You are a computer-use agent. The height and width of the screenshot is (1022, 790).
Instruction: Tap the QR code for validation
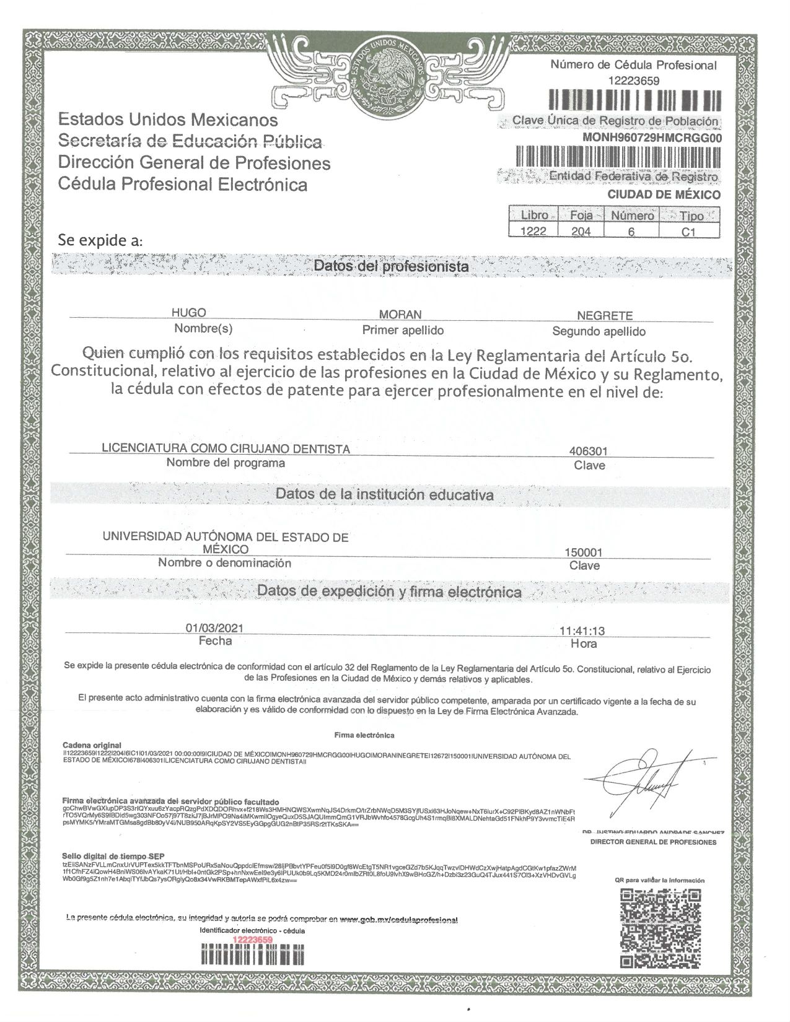point(661,927)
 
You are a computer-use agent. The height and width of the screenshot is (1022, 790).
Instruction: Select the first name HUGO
point(188,313)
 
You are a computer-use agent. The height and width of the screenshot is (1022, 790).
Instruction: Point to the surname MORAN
point(400,315)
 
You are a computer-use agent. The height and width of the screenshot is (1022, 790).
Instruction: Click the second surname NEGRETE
point(604,315)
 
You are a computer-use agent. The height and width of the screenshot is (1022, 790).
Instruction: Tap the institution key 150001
point(584,552)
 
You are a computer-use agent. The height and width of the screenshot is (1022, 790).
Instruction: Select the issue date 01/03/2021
point(214,628)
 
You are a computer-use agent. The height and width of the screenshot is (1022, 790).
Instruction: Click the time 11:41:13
point(582,631)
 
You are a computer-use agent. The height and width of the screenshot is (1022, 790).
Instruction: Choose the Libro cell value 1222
point(534,231)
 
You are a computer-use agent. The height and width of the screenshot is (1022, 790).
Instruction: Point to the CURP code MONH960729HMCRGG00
point(652,138)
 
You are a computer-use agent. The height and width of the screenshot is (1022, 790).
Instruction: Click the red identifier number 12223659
point(252,940)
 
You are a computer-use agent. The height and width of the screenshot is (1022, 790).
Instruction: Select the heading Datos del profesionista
point(391,266)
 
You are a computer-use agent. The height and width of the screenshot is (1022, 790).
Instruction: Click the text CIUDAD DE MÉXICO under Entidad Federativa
point(664,194)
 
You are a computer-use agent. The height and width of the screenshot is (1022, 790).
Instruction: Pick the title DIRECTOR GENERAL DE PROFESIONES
point(653,842)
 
